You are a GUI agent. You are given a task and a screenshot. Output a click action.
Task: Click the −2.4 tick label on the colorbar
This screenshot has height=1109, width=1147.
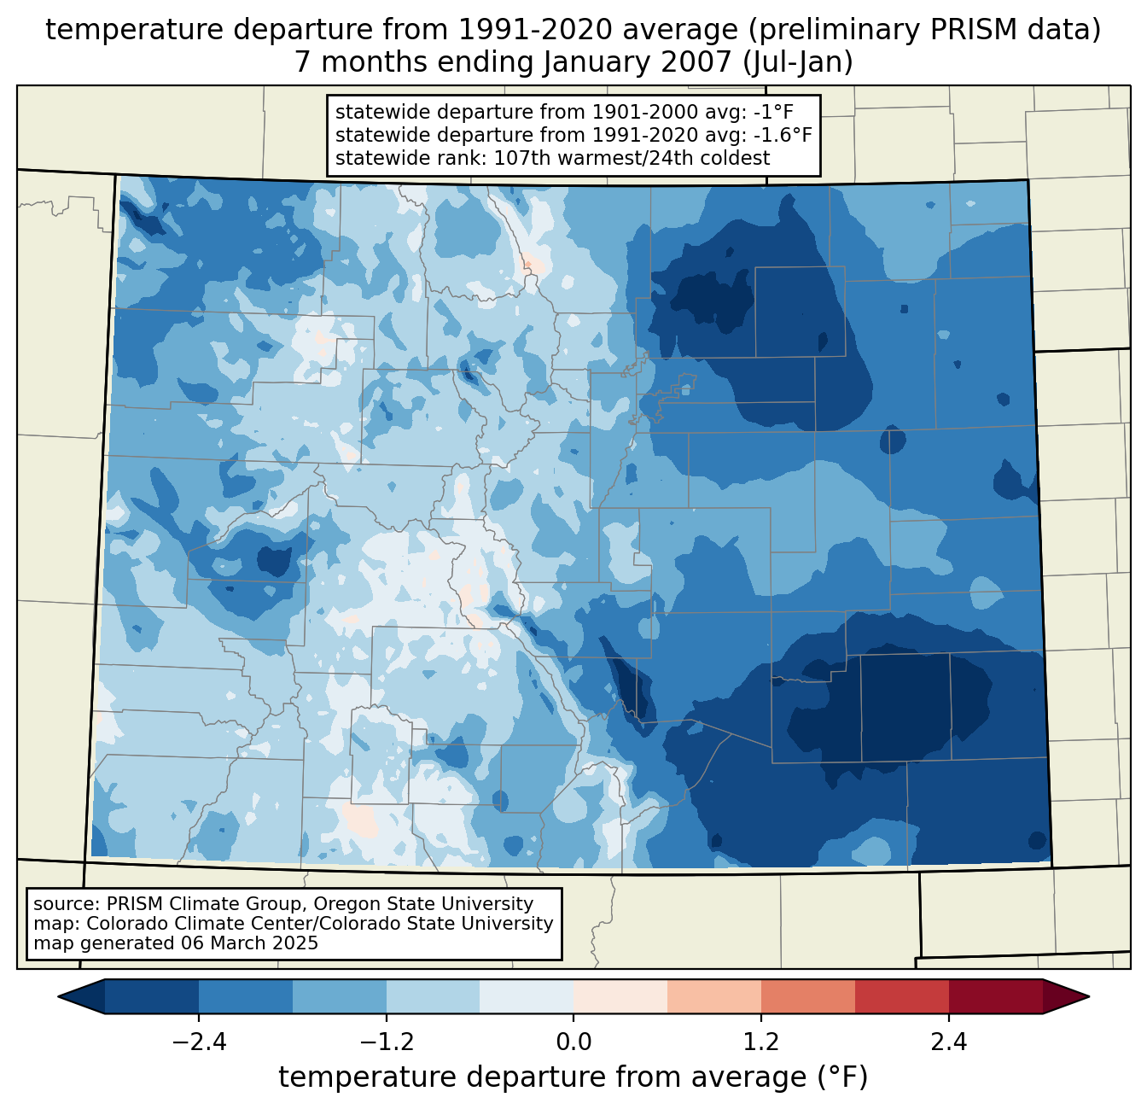[x=198, y=1042]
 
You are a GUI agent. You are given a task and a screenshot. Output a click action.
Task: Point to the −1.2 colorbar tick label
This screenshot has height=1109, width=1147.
[x=386, y=1042]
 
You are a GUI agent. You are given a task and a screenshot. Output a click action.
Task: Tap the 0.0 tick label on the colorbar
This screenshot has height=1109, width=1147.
[x=573, y=1042]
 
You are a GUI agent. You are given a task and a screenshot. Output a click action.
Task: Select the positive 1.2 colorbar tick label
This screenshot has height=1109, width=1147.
[x=761, y=1042]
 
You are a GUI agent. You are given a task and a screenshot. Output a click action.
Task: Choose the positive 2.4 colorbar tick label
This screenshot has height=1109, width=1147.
[x=949, y=1042]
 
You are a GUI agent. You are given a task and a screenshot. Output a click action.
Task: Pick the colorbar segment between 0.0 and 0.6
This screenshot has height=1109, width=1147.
[x=620, y=996]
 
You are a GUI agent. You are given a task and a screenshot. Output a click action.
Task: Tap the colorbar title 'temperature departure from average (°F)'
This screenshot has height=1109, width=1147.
[x=573, y=1077]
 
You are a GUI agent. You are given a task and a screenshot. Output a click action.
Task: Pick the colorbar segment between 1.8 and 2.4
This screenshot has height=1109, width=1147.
[x=902, y=996]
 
